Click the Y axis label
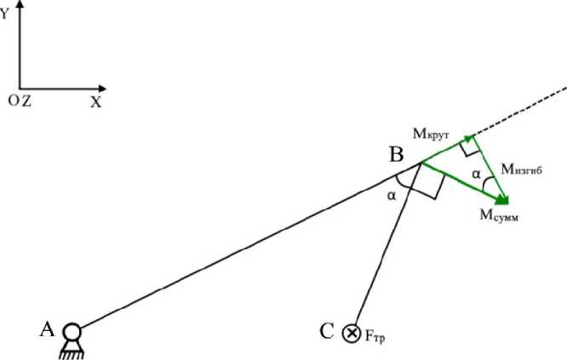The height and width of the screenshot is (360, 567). (x=6, y=14)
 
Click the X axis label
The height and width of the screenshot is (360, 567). (x=95, y=101)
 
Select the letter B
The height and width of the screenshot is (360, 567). (x=398, y=155)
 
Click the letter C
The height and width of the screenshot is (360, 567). (x=325, y=332)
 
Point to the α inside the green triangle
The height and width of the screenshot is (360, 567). (x=477, y=174)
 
